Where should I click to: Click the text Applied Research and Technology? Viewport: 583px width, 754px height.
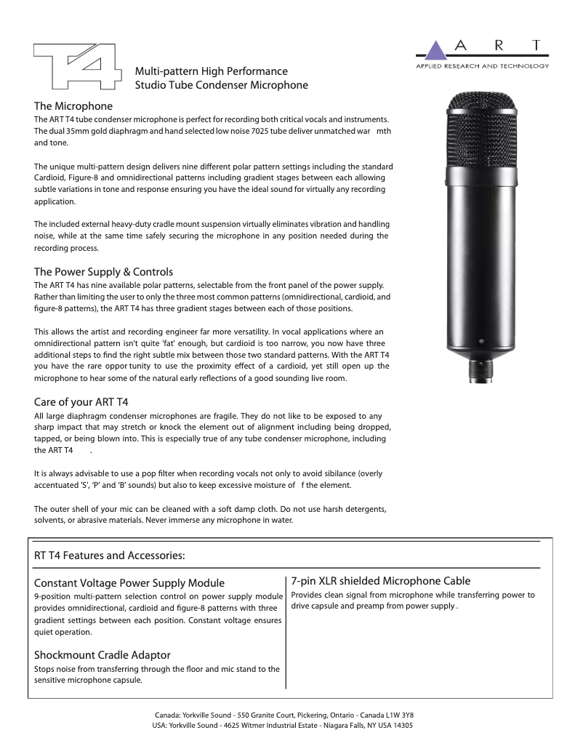point(481,65)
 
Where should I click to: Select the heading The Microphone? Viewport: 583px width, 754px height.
point(73,106)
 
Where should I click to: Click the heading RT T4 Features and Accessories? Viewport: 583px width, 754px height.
point(109,556)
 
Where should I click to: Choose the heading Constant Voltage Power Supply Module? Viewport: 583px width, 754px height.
point(129,582)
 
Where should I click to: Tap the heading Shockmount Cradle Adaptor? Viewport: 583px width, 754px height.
point(102,655)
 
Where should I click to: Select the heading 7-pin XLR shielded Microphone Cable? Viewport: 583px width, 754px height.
point(381,580)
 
